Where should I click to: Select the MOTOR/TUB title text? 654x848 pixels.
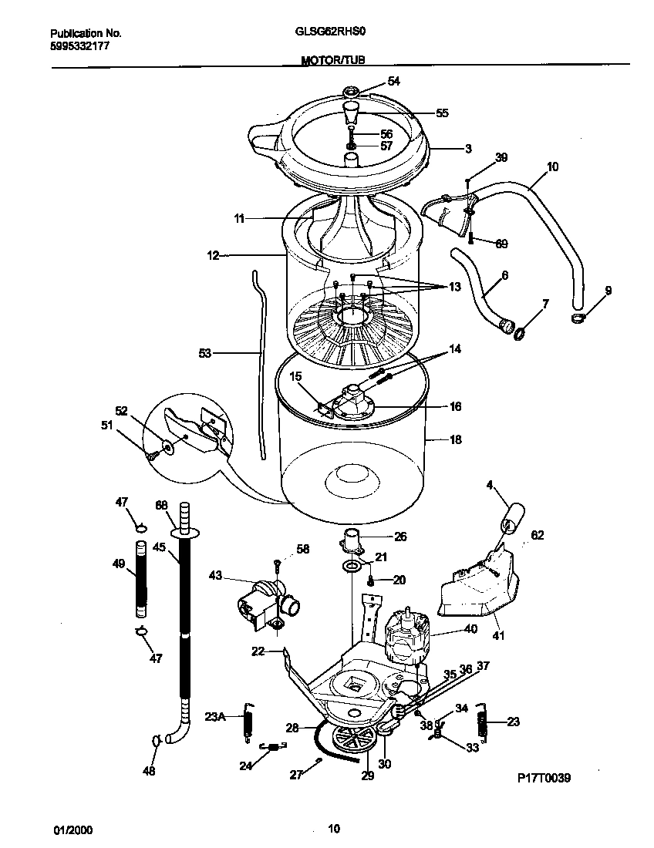[x=332, y=59]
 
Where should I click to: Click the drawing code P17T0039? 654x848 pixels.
[x=544, y=779]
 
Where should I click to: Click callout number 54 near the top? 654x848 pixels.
[x=393, y=81]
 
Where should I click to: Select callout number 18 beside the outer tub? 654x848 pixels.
[x=455, y=439]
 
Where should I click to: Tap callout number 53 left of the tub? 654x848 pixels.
[x=204, y=354]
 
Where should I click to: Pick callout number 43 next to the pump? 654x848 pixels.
[x=215, y=575]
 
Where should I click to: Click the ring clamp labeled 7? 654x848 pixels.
[x=521, y=332]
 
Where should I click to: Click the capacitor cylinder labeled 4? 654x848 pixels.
[x=512, y=517]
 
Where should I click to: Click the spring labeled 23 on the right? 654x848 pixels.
[x=484, y=723]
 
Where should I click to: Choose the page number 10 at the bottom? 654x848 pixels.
[x=333, y=829]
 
